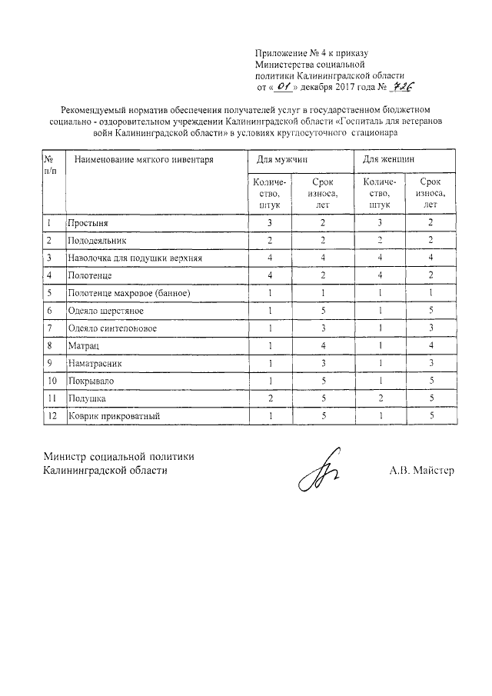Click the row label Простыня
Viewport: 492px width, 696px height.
(88, 223)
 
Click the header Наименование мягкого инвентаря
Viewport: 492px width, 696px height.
(141, 160)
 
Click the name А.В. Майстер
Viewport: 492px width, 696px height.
(421, 469)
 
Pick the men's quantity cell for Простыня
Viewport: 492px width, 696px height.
(269, 223)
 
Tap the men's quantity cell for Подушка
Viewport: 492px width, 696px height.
(269, 399)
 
